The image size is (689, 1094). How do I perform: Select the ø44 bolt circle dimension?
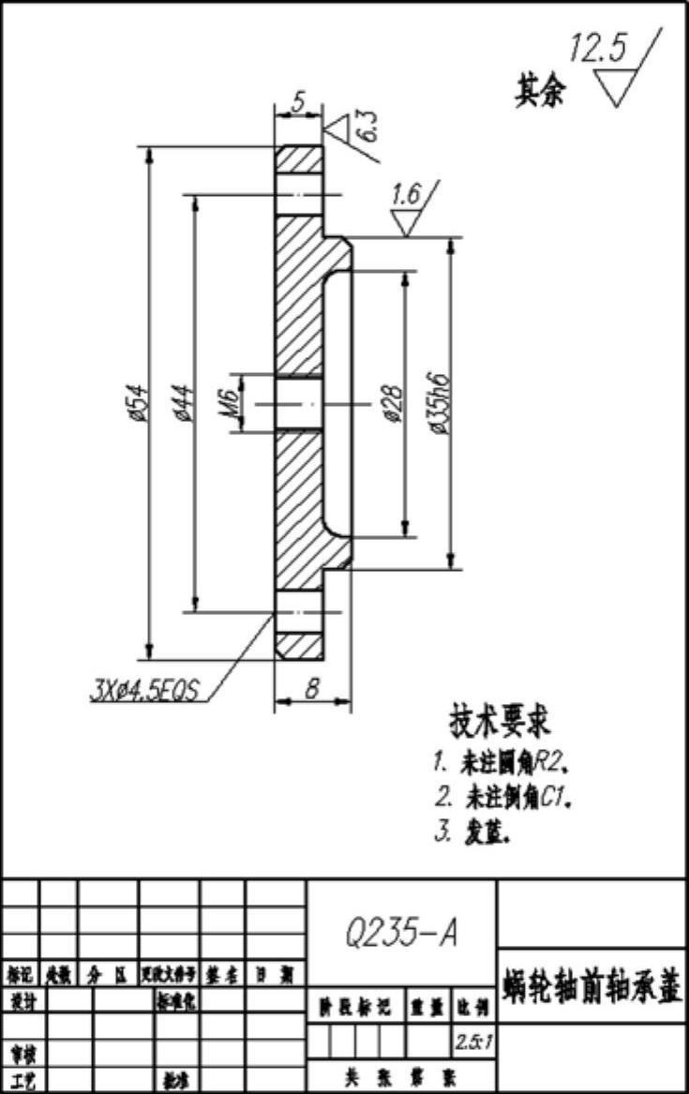[x=183, y=403]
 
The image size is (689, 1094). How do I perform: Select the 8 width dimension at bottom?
[x=311, y=689]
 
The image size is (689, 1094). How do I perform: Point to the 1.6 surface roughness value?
[x=406, y=195]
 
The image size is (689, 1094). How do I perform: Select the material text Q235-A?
[x=401, y=933]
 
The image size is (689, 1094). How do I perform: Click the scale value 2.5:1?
[x=471, y=1041]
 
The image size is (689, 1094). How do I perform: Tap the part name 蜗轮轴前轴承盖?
[x=592, y=987]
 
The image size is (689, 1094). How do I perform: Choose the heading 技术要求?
[x=502, y=722]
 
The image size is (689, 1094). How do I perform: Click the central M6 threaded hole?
[x=298, y=403]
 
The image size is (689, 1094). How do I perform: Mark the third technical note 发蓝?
[x=473, y=832]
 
